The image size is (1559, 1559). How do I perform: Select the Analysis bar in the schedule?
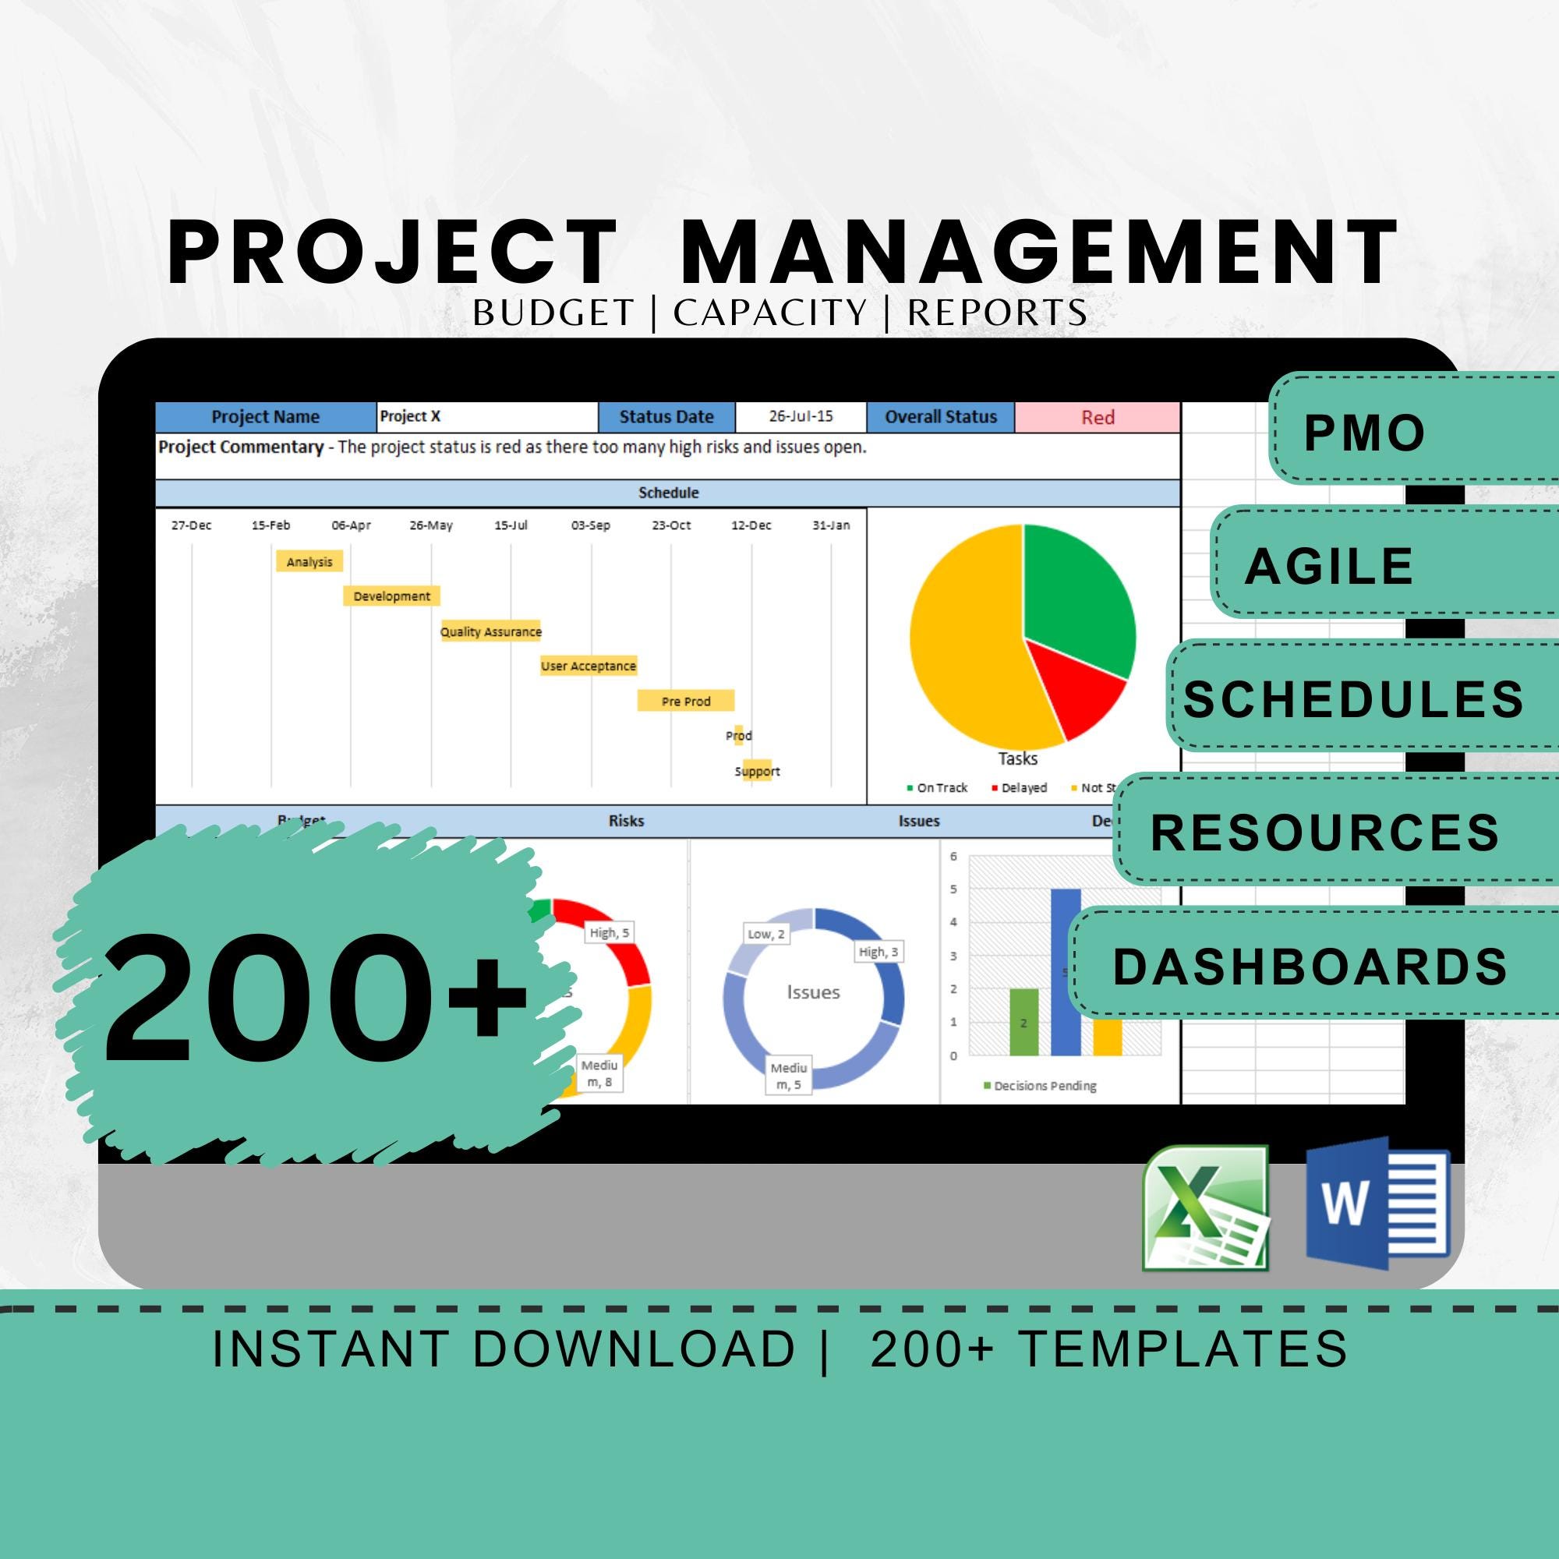[x=309, y=561]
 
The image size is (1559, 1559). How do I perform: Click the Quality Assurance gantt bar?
[x=490, y=632]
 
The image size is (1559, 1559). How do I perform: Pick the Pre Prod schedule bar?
[x=686, y=702]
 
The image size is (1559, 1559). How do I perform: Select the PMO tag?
[x=1363, y=433]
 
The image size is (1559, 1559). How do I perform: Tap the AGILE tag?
[x=1329, y=566]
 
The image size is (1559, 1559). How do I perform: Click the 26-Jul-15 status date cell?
[x=801, y=417]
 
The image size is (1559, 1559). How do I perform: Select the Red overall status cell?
[x=1098, y=417]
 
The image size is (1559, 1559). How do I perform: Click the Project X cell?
[x=487, y=417]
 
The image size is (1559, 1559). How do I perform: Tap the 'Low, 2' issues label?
[x=765, y=935]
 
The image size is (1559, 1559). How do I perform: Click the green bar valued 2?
[x=1024, y=1022]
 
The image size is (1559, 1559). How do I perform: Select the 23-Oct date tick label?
[x=671, y=525]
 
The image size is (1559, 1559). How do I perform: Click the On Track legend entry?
[x=937, y=787]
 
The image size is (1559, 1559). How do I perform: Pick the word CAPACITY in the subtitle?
[x=770, y=313]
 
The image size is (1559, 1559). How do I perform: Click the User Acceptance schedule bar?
[x=589, y=666]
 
